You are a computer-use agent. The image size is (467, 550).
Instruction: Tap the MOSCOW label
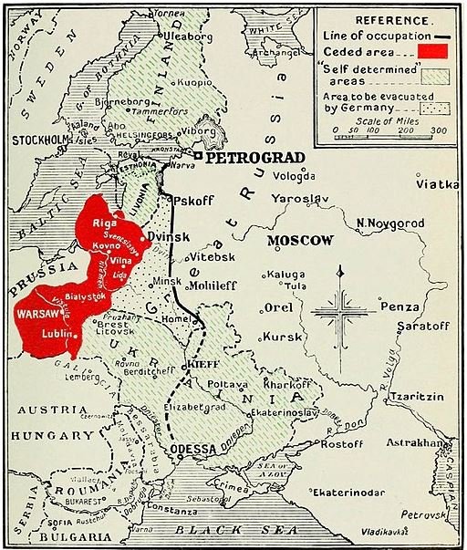click(300, 241)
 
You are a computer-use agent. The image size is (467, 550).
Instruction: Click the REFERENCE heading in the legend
click(393, 18)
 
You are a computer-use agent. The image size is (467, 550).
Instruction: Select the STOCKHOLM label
click(35, 140)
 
